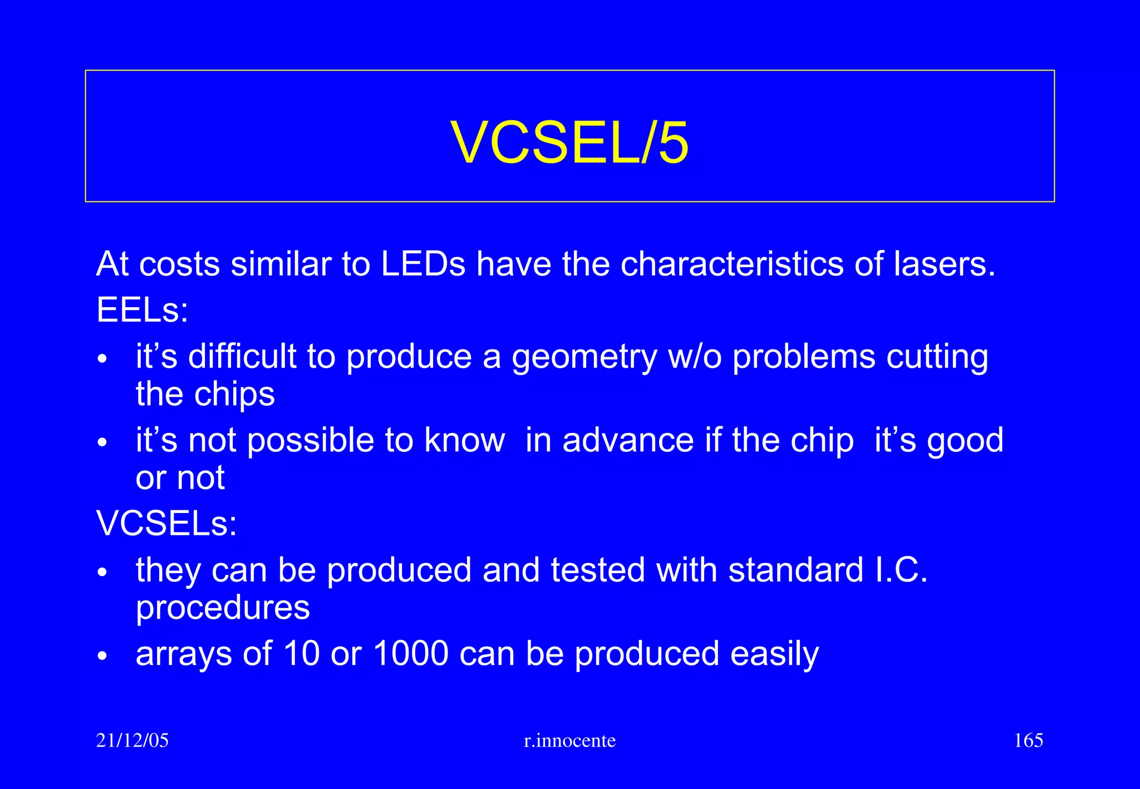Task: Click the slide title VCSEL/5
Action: (569, 142)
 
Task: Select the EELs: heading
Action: (142, 310)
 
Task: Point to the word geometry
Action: (584, 357)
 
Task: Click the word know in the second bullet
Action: (464, 441)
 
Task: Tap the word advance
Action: (628, 441)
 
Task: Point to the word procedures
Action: (223, 608)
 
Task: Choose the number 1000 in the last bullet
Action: (411, 653)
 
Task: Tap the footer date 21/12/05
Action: (132, 741)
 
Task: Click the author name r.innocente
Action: (570, 741)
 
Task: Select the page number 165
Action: (1028, 741)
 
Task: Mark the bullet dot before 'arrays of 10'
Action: (101, 656)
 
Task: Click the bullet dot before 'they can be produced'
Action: (101, 573)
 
